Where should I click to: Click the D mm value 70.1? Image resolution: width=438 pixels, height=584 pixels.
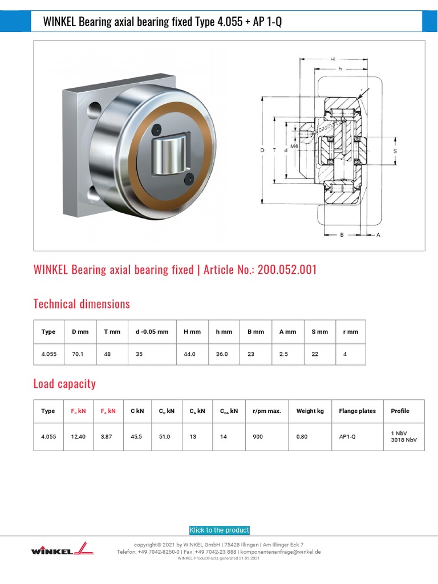coord(78,354)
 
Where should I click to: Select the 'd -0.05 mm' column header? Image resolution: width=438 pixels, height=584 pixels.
coord(152,332)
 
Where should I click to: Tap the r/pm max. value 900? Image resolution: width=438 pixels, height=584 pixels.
coord(258,436)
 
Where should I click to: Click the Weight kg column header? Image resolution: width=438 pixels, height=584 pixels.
coord(310,411)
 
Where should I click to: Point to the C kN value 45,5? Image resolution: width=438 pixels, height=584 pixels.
coord(136,436)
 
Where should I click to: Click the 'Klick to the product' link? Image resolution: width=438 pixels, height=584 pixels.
coord(220,530)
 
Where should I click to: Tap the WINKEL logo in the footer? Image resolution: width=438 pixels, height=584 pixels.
coord(59,549)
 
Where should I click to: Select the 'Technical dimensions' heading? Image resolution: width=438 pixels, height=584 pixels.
coord(82,304)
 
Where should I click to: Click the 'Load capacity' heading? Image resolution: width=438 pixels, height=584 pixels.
coord(64,384)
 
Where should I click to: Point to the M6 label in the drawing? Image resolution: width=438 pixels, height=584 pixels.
coord(294,146)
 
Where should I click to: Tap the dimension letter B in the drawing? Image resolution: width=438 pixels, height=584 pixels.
coord(341,234)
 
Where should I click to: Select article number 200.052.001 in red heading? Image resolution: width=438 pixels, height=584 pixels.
coord(287,270)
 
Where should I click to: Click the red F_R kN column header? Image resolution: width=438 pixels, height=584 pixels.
coord(78,411)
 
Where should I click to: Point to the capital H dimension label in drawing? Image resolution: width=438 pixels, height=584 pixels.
coord(332,59)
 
